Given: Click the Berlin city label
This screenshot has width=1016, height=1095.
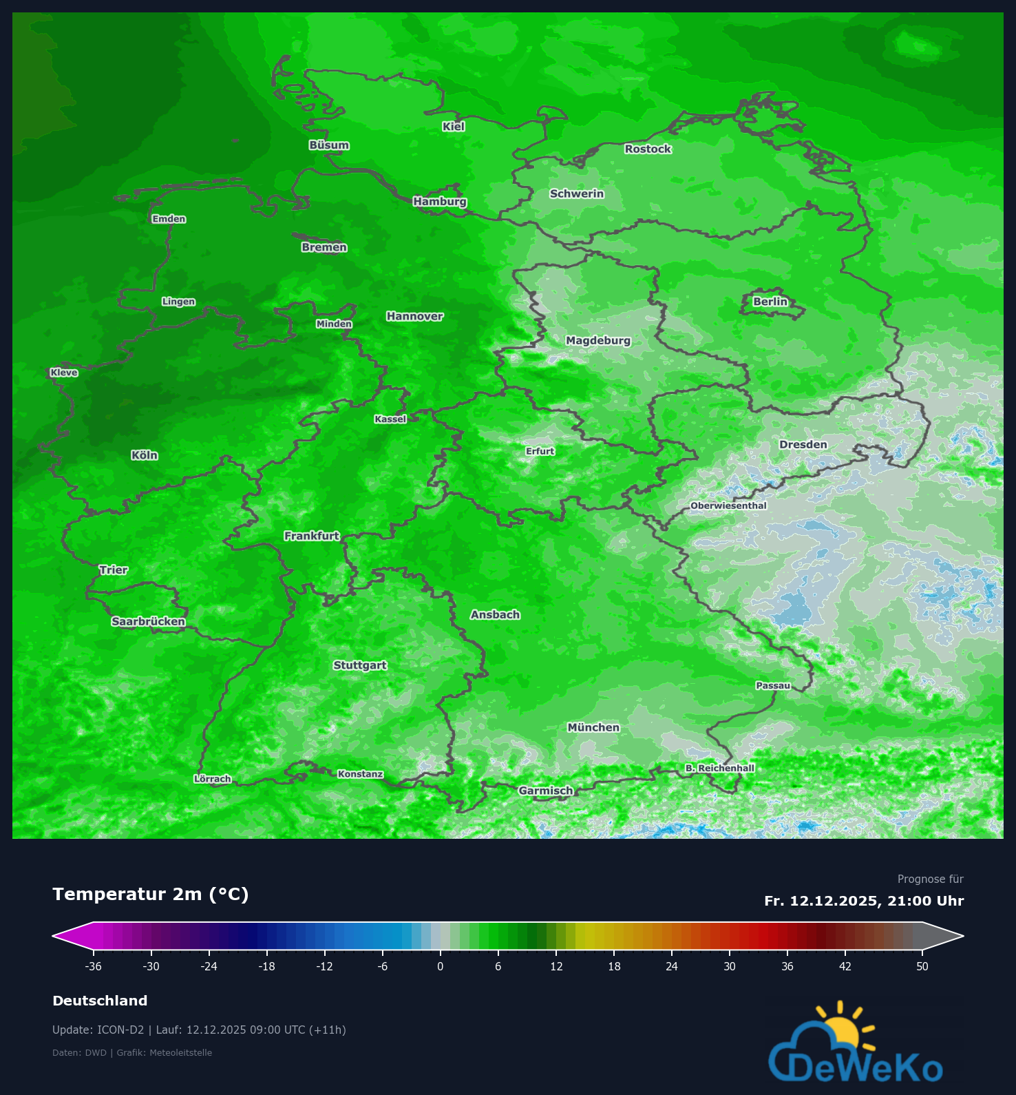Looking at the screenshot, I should [770, 302].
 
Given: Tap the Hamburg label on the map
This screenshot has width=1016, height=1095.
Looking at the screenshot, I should [440, 202].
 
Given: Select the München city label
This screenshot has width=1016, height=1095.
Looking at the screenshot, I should [593, 727].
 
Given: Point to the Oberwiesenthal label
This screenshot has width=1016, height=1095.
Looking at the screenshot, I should [728, 505].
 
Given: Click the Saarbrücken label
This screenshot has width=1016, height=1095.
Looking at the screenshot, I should [148, 621].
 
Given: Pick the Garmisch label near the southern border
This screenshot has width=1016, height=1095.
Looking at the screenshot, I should [545, 791].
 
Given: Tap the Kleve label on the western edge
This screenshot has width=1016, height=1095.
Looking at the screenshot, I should [64, 373].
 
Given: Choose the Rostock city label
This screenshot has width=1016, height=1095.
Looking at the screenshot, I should [647, 149].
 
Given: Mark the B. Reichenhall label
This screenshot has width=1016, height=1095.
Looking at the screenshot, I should [719, 768].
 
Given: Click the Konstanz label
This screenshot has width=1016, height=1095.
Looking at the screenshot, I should [360, 774].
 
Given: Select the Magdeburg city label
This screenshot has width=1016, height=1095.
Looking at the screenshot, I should [597, 340].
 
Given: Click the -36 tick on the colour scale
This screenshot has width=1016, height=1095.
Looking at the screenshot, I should [94, 966].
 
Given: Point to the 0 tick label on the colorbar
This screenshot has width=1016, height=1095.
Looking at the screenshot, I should [440, 966].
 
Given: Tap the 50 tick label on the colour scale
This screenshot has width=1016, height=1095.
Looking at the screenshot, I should [922, 966].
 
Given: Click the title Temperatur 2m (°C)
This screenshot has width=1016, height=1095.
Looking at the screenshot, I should [150, 894].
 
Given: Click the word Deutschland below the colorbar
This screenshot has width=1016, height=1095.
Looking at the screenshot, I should [100, 1001].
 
